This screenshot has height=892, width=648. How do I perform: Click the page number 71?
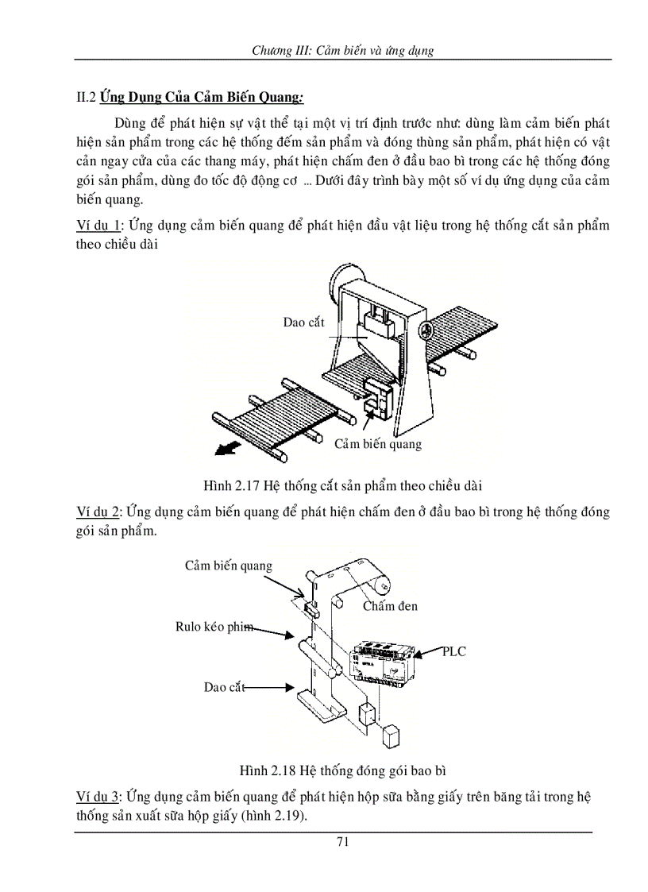click(x=343, y=843)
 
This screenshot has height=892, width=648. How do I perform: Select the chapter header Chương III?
click(x=342, y=50)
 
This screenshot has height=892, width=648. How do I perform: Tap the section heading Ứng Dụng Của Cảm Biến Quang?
click(x=202, y=98)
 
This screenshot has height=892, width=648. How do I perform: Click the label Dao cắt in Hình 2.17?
click(x=303, y=322)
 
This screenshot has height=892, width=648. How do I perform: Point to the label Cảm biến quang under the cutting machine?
click(x=377, y=443)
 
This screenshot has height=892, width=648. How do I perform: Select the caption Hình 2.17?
click(x=343, y=485)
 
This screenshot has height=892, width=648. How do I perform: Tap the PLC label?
click(x=454, y=651)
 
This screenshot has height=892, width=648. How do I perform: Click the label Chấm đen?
click(x=390, y=606)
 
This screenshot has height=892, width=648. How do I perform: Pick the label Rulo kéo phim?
click(x=214, y=627)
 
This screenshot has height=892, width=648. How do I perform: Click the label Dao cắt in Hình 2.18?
click(x=224, y=687)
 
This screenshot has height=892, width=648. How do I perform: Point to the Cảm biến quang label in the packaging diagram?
click(x=229, y=566)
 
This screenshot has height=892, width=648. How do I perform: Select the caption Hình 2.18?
click(x=347, y=770)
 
